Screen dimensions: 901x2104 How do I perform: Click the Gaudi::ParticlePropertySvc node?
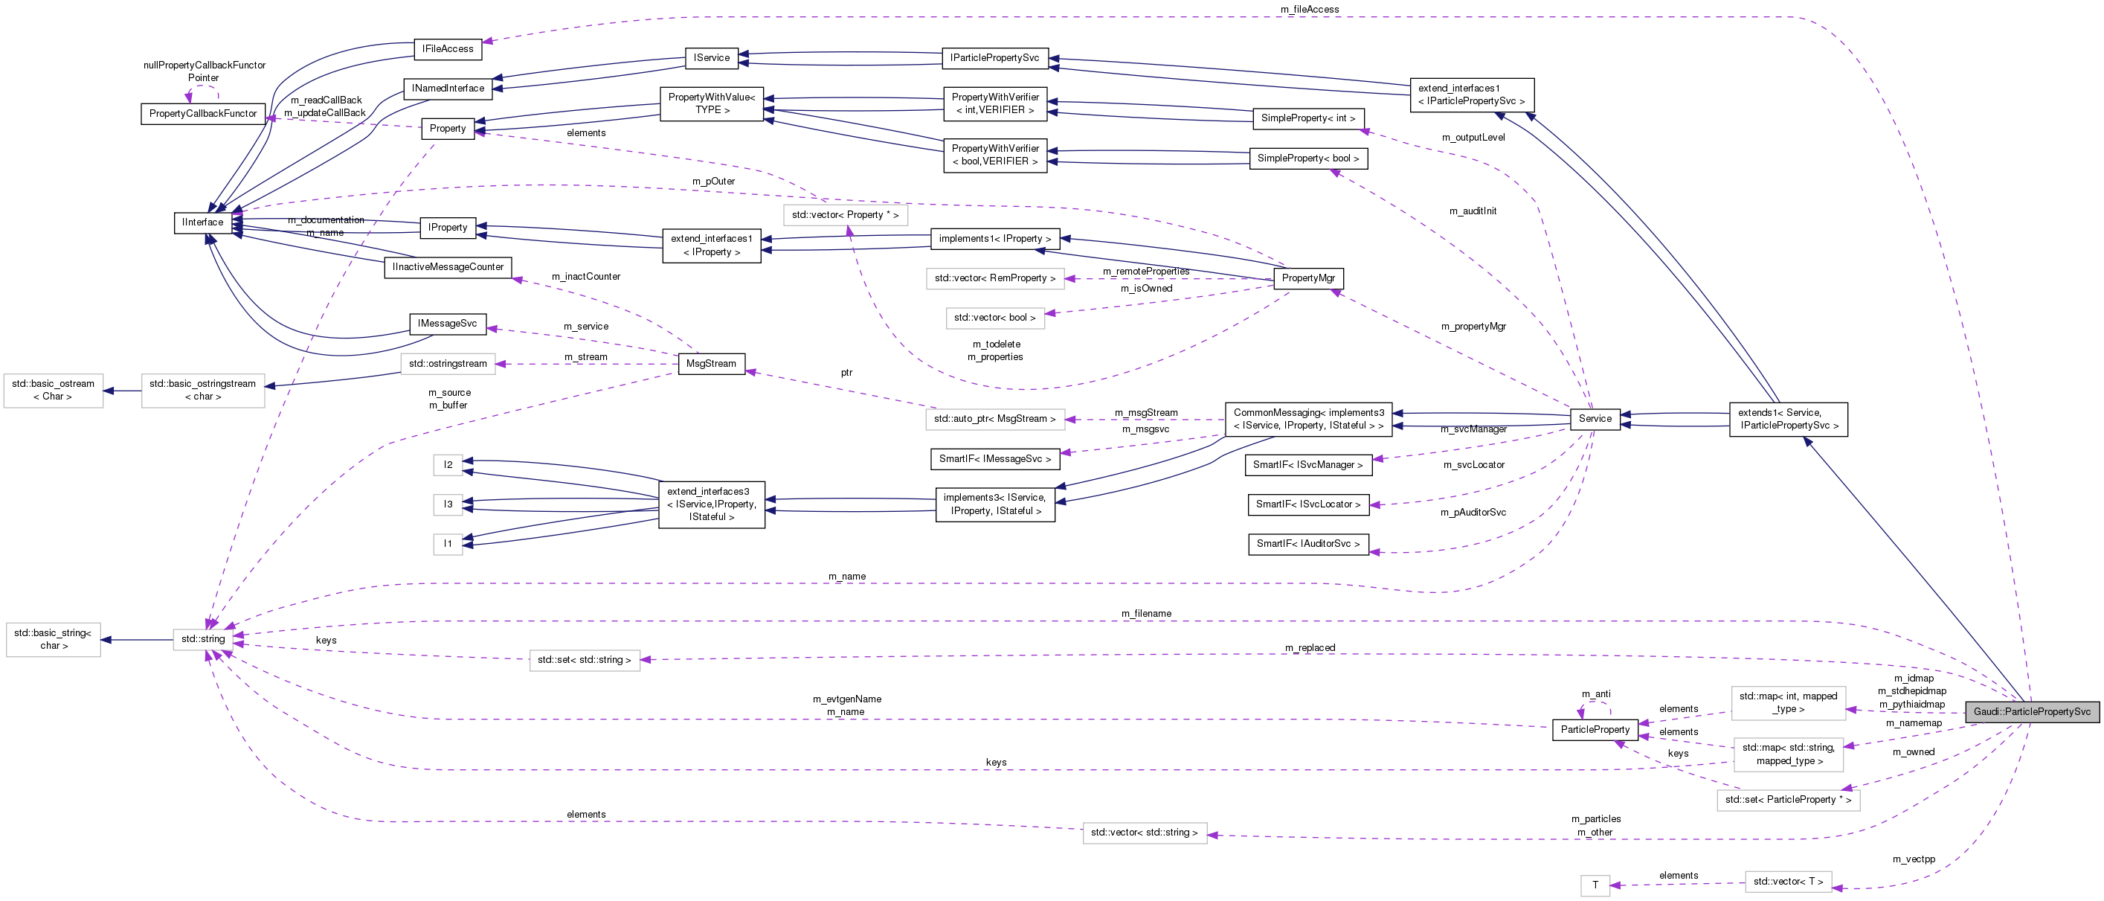(x=2031, y=711)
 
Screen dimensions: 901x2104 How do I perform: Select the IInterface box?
(x=202, y=222)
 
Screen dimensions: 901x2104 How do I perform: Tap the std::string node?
(x=202, y=639)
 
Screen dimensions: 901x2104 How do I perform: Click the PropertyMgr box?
(x=1307, y=278)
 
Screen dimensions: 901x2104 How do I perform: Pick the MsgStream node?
(x=710, y=364)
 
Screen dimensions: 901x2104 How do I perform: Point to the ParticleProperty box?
(x=1595, y=729)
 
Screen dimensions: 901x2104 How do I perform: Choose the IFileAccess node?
(x=448, y=49)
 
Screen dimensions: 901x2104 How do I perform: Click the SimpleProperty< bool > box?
(x=1307, y=158)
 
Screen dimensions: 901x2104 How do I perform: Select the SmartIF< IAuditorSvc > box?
(x=1307, y=544)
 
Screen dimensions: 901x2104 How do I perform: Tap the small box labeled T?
(x=1595, y=885)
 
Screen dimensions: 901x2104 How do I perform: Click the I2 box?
(x=448, y=465)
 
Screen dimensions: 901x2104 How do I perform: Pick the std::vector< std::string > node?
(x=1144, y=833)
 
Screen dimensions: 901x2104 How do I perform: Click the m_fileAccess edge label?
(x=1309, y=9)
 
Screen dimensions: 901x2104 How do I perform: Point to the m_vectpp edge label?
(x=1913, y=859)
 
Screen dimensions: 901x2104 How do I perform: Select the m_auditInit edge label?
(x=1473, y=211)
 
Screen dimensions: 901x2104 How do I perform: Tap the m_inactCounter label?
(x=585, y=276)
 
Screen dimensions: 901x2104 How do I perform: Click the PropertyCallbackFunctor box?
(x=202, y=114)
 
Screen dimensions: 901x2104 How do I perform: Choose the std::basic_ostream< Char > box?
(x=53, y=390)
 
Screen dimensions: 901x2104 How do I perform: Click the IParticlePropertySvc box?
(x=994, y=58)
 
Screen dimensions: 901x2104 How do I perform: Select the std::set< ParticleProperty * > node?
(x=1788, y=800)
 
